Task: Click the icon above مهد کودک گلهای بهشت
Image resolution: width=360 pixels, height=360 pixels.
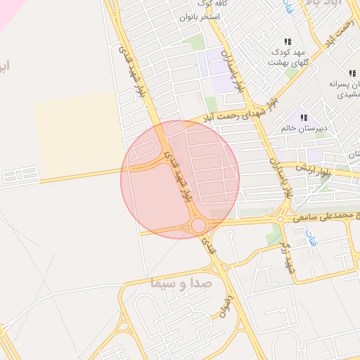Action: (288, 41)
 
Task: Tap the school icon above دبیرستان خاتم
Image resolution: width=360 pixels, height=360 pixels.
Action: (304, 117)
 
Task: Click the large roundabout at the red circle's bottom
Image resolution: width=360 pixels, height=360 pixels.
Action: (198, 225)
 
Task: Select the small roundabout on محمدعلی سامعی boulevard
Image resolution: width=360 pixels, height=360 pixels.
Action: (281, 219)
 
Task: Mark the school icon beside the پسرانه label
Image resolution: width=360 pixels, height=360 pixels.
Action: (352, 73)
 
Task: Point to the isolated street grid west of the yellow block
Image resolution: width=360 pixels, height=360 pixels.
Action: (21, 174)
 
